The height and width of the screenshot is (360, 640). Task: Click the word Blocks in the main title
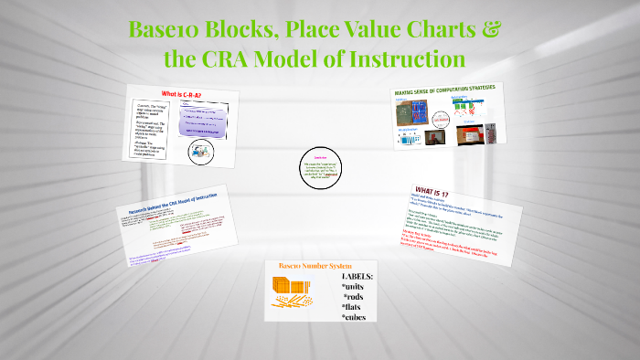tap(243, 29)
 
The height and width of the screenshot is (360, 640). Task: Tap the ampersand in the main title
tap(491, 29)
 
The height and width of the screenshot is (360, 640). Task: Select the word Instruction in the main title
tap(400, 59)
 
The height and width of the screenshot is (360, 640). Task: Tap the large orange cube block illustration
tap(291, 287)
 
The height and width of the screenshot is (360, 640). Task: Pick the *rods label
tap(357, 298)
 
